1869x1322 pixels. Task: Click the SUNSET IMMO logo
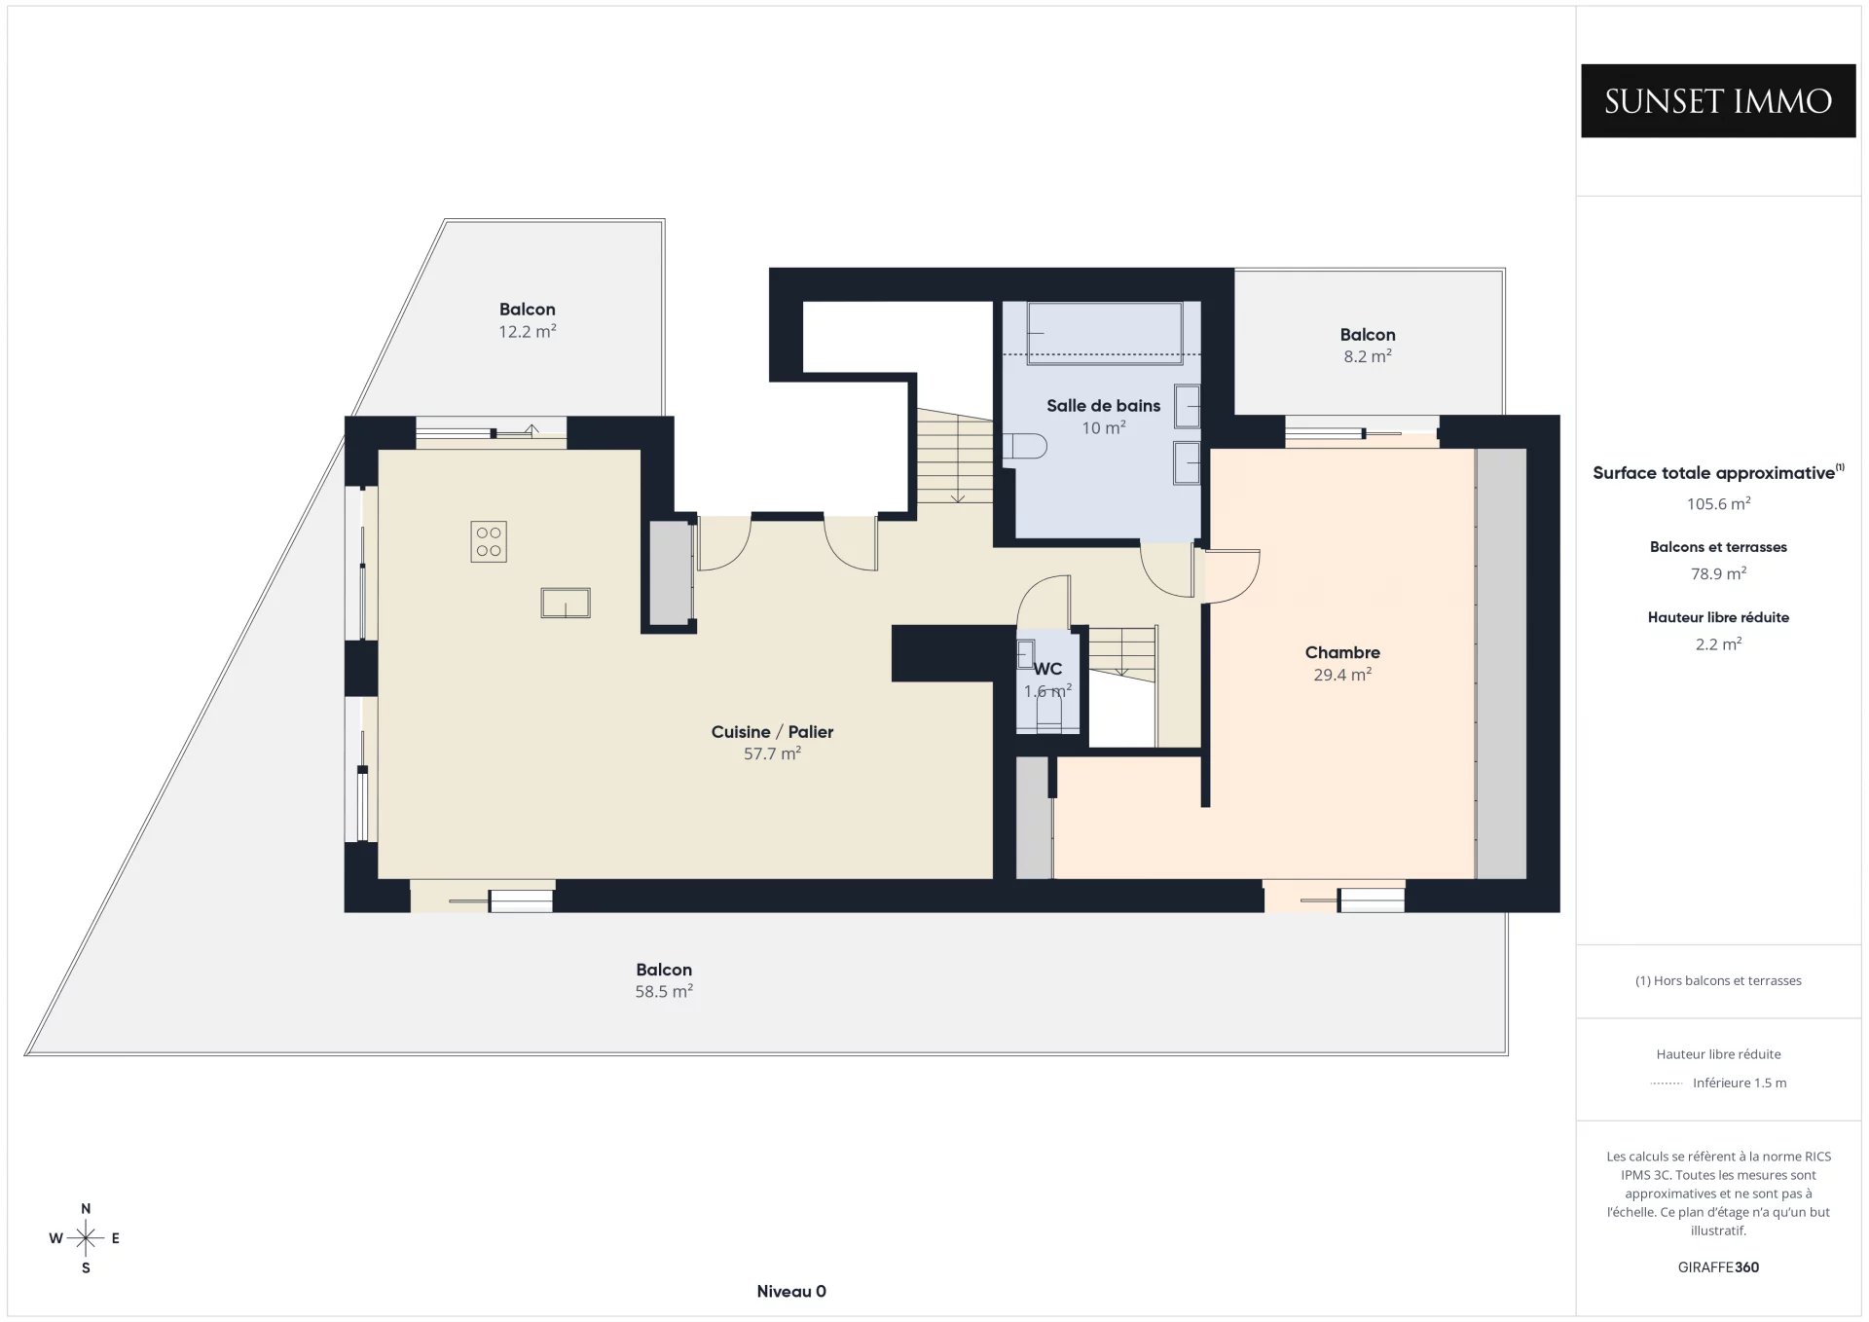pyautogui.click(x=1718, y=101)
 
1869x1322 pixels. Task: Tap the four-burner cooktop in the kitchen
pyautogui.click(x=489, y=542)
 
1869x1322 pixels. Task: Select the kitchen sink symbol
pyautogui.click(x=566, y=603)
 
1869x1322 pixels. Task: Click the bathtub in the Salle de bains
pyautogui.click(x=1105, y=333)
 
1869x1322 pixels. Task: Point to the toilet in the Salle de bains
pyautogui.click(x=1025, y=447)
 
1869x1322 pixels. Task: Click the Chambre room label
pyautogui.click(x=1342, y=652)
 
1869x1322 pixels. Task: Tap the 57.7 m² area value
pyautogui.click(x=772, y=753)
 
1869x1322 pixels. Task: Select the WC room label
pyautogui.click(x=1047, y=669)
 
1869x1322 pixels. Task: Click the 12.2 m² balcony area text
pyautogui.click(x=528, y=331)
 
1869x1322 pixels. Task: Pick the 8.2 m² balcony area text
pyautogui.click(x=1368, y=356)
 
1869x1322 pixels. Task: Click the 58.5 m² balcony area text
pyautogui.click(x=664, y=991)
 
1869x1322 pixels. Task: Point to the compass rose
pyautogui.click(x=86, y=1238)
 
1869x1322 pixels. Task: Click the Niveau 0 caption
pyautogui.click(x=791, y=1292)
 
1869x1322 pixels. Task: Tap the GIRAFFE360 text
pyautogui.click(x=1718, y=1267)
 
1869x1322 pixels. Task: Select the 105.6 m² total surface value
pyautogui.click(x=1718, y=503)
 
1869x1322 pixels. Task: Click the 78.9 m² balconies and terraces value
pyautogui.click(x=1718, y=573)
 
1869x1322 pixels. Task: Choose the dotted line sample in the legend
pyautogui.click(x=1667, y=1083)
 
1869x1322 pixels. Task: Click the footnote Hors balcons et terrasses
pyautogui.click(x=1718, y=981)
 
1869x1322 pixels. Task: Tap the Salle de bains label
pyautogui.click(x=1103, y=406)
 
